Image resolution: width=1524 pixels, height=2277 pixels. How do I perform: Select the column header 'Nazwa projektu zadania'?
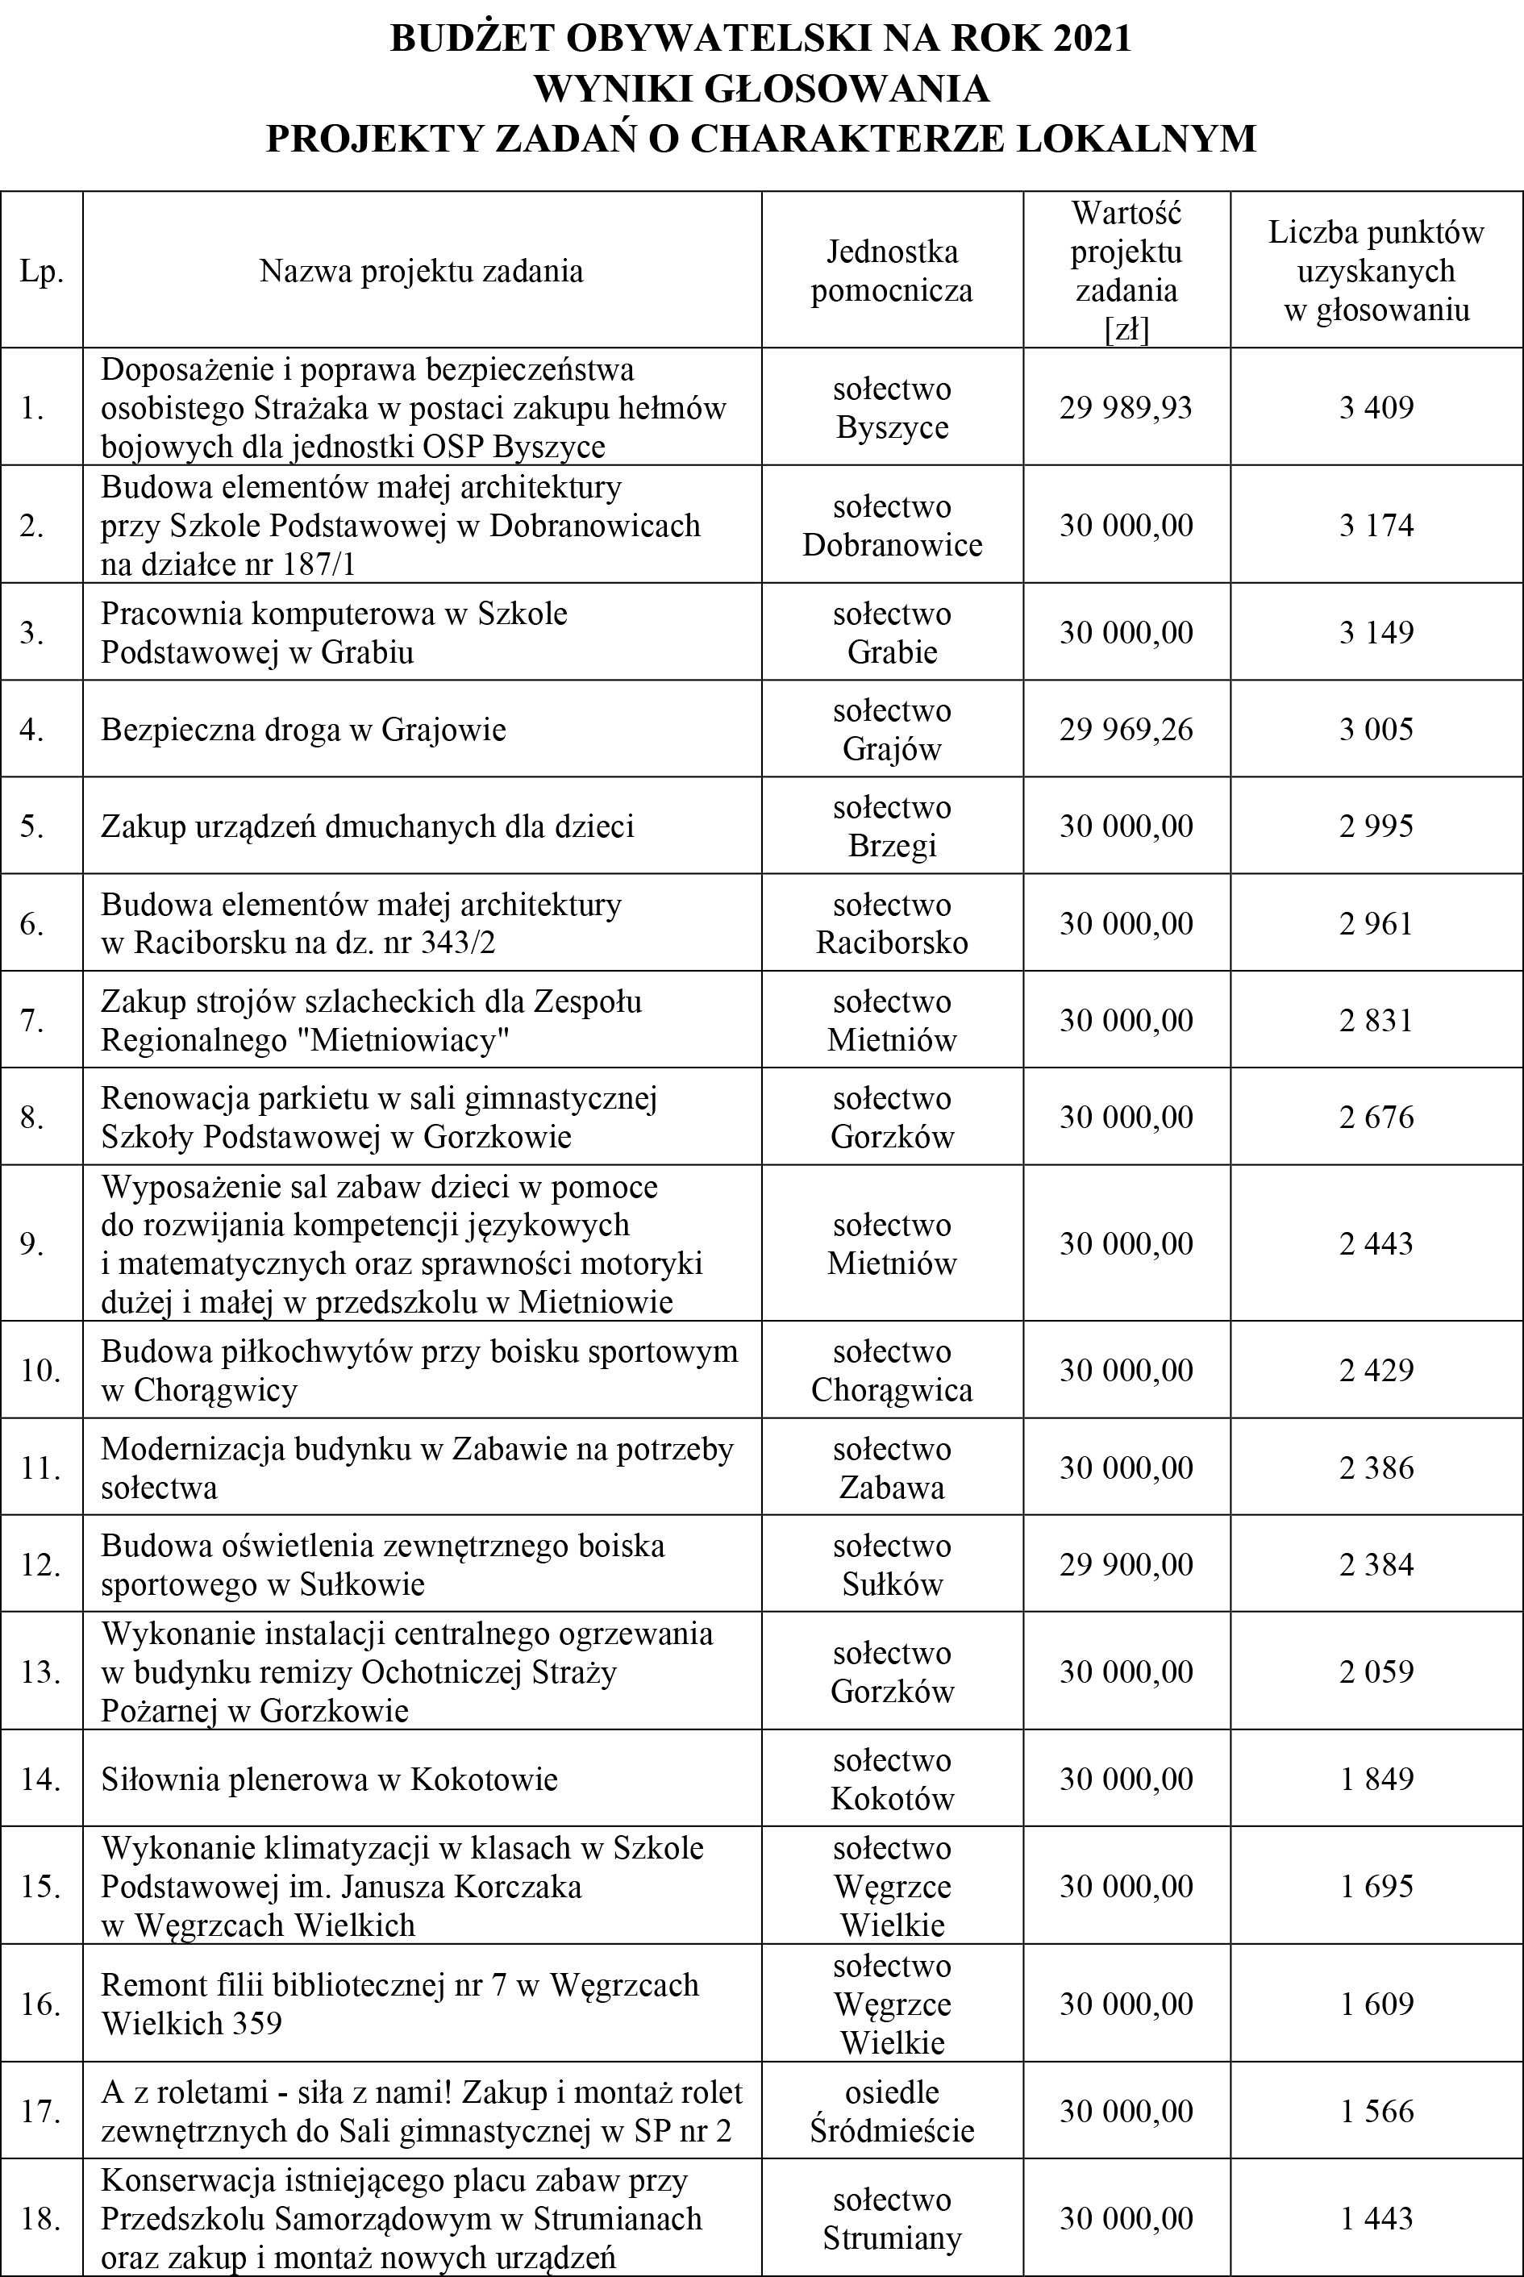[x=421, y=271]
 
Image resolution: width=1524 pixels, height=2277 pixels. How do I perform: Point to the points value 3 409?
[x=1376, y=407]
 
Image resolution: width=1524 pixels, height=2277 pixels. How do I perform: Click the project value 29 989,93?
[x=1126, y=407]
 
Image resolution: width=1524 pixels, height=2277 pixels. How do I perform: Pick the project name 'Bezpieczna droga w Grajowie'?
[x=303, y=730]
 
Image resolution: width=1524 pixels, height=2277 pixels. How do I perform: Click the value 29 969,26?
[x=1126, y=730]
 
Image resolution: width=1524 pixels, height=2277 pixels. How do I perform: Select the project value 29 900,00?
[x=1126, y=1565]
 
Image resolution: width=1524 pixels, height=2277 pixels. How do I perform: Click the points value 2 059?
[x=1376, y=1671]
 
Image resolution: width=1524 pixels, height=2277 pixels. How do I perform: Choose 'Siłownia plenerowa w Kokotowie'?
[x=330, y=1780]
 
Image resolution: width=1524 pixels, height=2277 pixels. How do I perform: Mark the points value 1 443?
[x=1376, y=2219]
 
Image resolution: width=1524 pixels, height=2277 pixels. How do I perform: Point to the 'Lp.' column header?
[x=41, y=271]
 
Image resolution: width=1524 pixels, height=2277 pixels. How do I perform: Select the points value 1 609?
[x=1376, y=2004]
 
